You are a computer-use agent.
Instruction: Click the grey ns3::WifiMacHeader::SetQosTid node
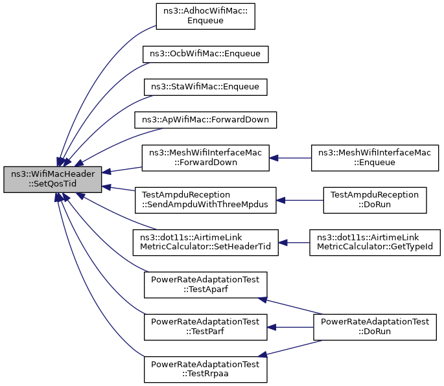tap(53, 179)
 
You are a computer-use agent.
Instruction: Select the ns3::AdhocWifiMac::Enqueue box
tap(205, 16)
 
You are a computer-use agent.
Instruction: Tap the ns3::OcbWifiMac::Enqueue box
tap(205, 54)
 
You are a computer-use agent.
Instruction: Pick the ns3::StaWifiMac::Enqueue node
tap(205, 87)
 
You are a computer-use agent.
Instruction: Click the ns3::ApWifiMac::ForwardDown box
tap(205, 120)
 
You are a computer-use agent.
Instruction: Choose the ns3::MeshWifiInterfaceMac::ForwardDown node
tap(205, 158)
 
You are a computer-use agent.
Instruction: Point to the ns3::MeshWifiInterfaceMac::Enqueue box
tap(375, 158)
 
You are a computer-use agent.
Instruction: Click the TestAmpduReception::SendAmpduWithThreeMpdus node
tap(205, 200)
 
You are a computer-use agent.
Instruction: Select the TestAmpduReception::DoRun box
tap(375, 200)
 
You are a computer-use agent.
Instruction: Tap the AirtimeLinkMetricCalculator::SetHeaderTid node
tap(205, 242)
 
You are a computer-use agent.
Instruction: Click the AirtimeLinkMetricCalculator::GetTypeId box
tap(375, 242)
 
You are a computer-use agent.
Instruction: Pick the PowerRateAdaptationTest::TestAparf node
tap(205, 285)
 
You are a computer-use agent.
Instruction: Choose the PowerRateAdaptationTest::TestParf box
tap(205, 327)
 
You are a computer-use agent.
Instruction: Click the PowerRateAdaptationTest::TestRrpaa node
tap(205, 370)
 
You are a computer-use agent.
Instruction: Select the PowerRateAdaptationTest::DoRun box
tap(375, 327)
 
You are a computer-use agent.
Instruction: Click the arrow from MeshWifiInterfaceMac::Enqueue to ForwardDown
tap(290, 158)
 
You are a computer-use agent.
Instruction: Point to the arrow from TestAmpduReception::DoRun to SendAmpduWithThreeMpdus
tap(300, 200)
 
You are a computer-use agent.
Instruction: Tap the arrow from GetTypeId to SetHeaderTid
tap(294, 242)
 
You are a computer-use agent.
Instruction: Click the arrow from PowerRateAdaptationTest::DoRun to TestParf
tap(290, 327)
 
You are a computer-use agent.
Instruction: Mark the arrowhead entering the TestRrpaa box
tap(263, 354)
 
